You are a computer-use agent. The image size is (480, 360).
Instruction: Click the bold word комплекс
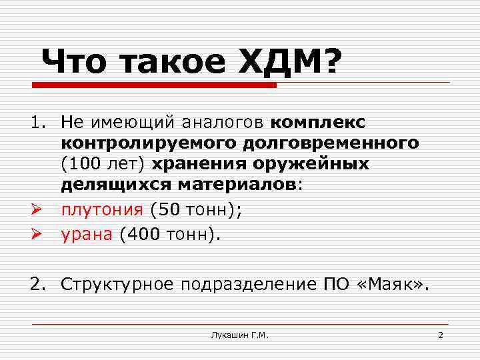coord(319,122)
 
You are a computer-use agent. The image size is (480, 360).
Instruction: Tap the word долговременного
coord(344,143)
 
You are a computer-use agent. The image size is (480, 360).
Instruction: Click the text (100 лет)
coord(103,163)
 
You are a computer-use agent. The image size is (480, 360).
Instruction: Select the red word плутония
coord(102,209)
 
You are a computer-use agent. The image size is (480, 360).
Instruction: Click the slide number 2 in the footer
coord(440,335)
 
